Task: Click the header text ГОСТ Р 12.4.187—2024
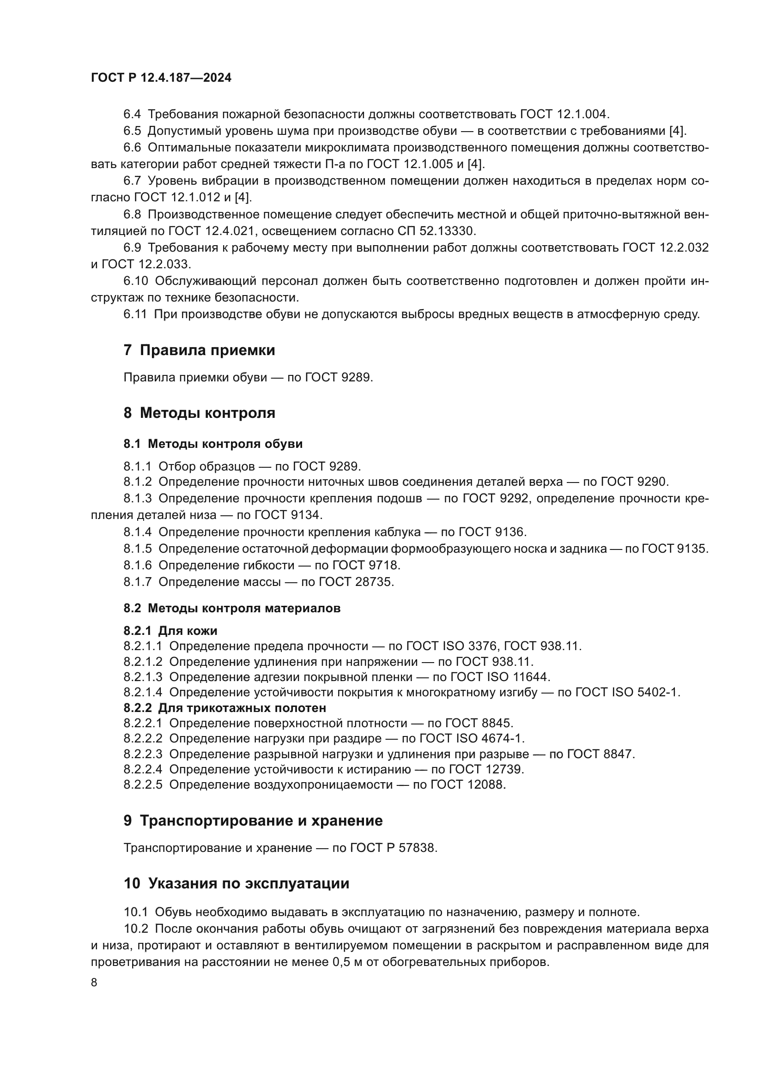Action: [161, 78]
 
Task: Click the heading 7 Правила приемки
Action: [199, 350]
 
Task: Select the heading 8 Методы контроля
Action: [199, 413]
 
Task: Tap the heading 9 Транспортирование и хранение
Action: [253, 821]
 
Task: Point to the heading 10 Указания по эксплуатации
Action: [236, 883]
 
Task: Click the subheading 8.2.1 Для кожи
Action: [170, 630]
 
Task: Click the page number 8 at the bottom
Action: [94, 982]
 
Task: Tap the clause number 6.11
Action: [135, 314]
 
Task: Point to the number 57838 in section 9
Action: [417, 848]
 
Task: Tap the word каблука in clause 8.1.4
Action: [397, 532]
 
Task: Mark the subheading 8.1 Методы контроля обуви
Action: [212, 444]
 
